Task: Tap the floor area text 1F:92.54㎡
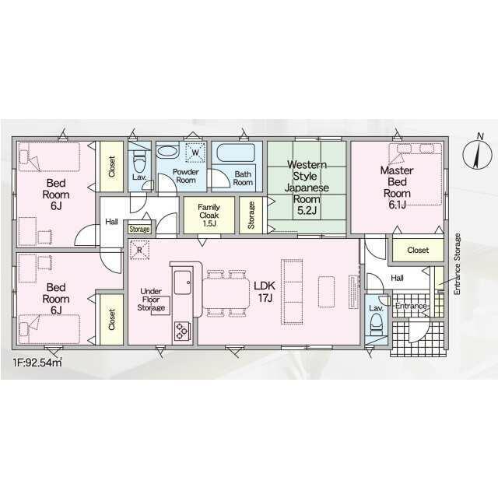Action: click(37, 363)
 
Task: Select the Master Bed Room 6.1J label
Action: click(397, 188)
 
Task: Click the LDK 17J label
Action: click(265, 292)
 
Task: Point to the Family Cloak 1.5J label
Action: click(209, 215)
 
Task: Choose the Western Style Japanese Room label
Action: click(307, 188)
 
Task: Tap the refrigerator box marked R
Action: click(139, 250)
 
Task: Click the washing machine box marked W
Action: click(195, 153)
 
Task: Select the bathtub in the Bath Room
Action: click(237, 153)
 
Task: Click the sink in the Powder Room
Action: click(168, 150)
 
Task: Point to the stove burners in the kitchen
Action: click(182, 331)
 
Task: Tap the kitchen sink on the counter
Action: click(183, 282)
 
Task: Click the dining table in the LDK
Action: click(226, 293)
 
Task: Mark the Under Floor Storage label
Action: click(151, 300)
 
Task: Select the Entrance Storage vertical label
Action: click(458, 264)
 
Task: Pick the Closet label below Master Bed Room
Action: click(418, 251)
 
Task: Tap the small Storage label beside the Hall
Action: click(139, 229)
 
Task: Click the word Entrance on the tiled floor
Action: click(411, 306)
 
